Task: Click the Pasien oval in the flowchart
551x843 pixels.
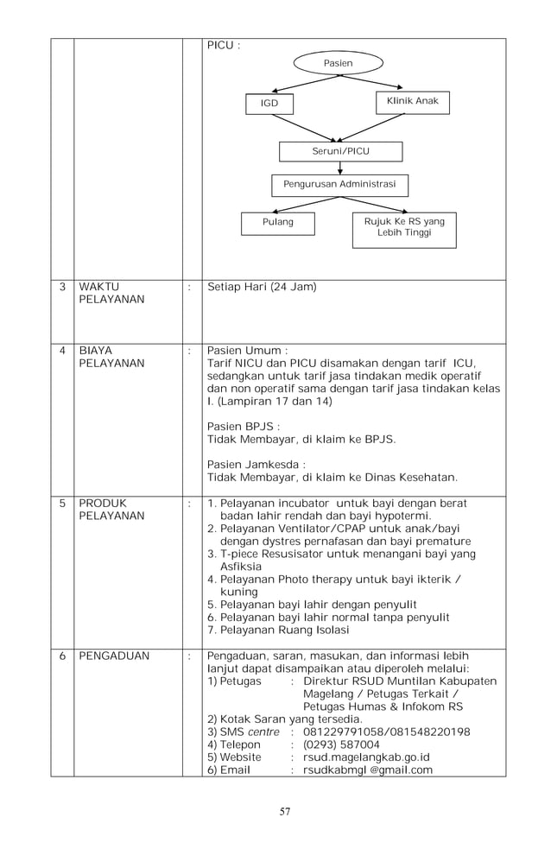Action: click(x=338, y=64)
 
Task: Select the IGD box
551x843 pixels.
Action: click(x=269, y=105)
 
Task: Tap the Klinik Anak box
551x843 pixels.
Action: click(x=413, y=102)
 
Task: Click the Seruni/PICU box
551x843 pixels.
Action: click(x=340, y=151)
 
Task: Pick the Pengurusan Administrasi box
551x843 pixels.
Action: click(x=339, y=185)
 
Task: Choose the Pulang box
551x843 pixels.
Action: click(x=277, y=223)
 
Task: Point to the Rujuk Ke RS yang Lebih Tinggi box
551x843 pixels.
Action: click(x=403, y=228)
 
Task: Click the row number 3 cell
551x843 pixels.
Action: click(x=62, y=287)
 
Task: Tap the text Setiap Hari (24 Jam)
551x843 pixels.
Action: click(x=262, y=287)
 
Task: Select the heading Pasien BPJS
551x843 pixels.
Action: click(x=244, y=426)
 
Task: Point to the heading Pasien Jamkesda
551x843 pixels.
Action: click(x=256, y=464)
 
